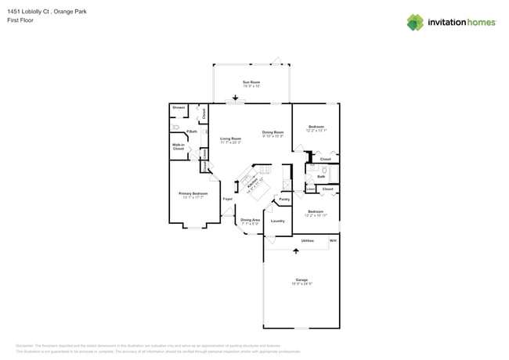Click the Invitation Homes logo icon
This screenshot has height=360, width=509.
[415, 23]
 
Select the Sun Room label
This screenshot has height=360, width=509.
[251, 81]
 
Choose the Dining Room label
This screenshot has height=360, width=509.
[273, 132]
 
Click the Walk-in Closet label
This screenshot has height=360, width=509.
[179, 146]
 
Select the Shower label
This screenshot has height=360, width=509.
[179, 107]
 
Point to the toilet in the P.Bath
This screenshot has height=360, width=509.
[177, 126]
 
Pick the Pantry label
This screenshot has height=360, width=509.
[284, 200]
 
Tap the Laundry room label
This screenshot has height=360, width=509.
[277, 221]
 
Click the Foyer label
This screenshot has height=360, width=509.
[228, 200]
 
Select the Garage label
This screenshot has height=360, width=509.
[301, 279]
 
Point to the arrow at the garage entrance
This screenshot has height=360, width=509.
[296, 250]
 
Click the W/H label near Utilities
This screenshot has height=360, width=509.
[332, 240]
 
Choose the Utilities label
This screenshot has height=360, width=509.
[307, 240]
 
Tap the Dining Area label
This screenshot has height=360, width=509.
[251, 221]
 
